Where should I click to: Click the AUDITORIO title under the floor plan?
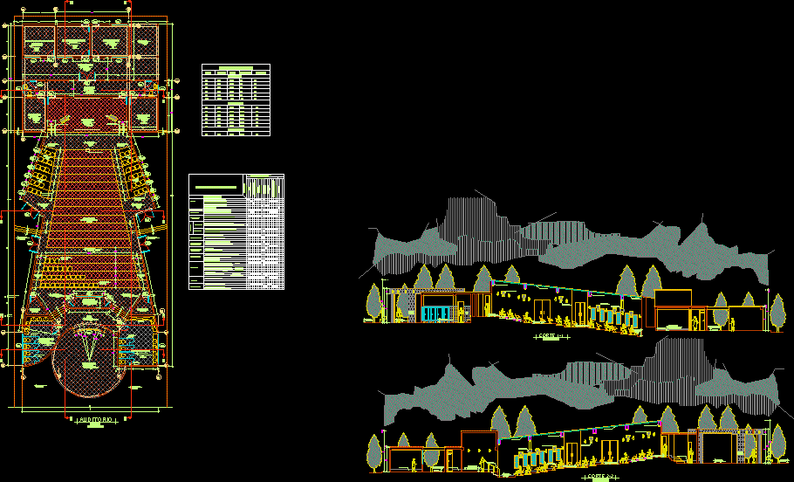[94, 420]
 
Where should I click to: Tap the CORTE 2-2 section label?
[599, 477]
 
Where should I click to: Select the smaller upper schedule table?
[236, 100]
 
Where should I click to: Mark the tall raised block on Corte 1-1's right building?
[674, 298]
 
